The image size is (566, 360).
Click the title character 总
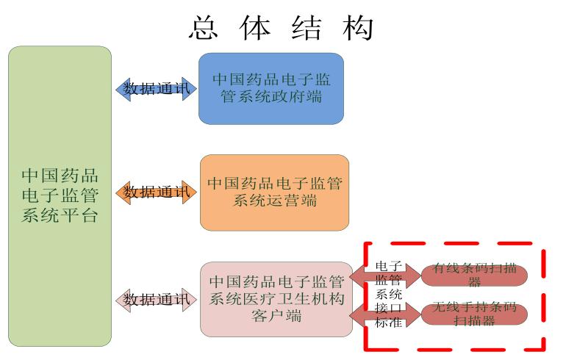(x=206, y=28)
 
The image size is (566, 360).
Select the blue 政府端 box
(x=271, y=88)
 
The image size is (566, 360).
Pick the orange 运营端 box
(x=274, y=192)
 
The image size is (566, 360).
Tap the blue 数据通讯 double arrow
(x=156, y=89)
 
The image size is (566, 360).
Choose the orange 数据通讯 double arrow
(x=156, y=192)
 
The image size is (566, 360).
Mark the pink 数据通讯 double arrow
(x=156, y=300)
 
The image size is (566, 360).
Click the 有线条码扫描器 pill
(x=474, y=275)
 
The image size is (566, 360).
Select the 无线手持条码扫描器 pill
(x=474, y=314)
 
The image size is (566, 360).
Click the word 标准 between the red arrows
(x=388, y=322)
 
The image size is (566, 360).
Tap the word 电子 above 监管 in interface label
(x=388, y=266)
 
